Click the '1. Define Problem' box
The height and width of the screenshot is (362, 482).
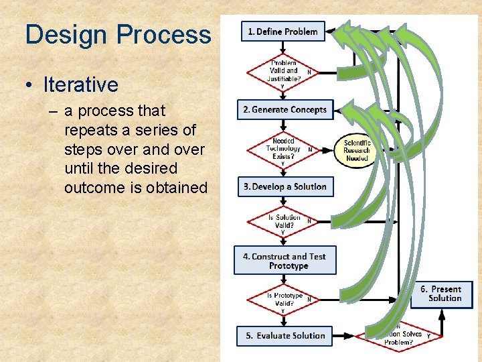point(283,32)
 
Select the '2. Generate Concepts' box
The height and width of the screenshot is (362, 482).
point(285,110)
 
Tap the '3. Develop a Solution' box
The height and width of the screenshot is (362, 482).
point(285,186)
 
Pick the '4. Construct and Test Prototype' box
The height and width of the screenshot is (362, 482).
point(285,261)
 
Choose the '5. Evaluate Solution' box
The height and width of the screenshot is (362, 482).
point(285,336)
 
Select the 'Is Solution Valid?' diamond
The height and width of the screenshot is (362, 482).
point(284,221)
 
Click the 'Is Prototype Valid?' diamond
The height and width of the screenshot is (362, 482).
point(284,299)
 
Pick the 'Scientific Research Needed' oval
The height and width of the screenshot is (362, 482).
point(357,150)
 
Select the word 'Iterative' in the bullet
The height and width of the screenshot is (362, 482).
point(80,85)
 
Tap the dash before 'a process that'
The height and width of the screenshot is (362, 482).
point(53,111)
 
